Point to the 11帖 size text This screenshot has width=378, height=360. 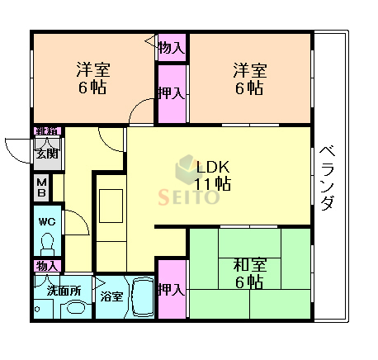[x=212, y=182]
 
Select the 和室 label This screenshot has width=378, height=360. [x=248, y=265]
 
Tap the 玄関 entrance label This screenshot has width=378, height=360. [x=45, y=153]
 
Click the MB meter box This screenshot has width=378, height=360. [x=41, y=187]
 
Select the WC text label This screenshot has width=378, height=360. [x=46, y=220]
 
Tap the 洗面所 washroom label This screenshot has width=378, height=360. [x=63, y=290]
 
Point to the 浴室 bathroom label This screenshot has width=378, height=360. [x=112, y=295]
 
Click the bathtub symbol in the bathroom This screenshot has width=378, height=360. [x=143, y=298]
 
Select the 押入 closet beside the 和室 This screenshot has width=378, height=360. [x=171, y=290]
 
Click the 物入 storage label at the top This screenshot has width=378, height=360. [x=171, y=48]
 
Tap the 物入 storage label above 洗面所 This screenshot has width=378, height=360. [x=47, y=266]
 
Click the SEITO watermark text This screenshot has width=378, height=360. [x=190, y=197]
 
